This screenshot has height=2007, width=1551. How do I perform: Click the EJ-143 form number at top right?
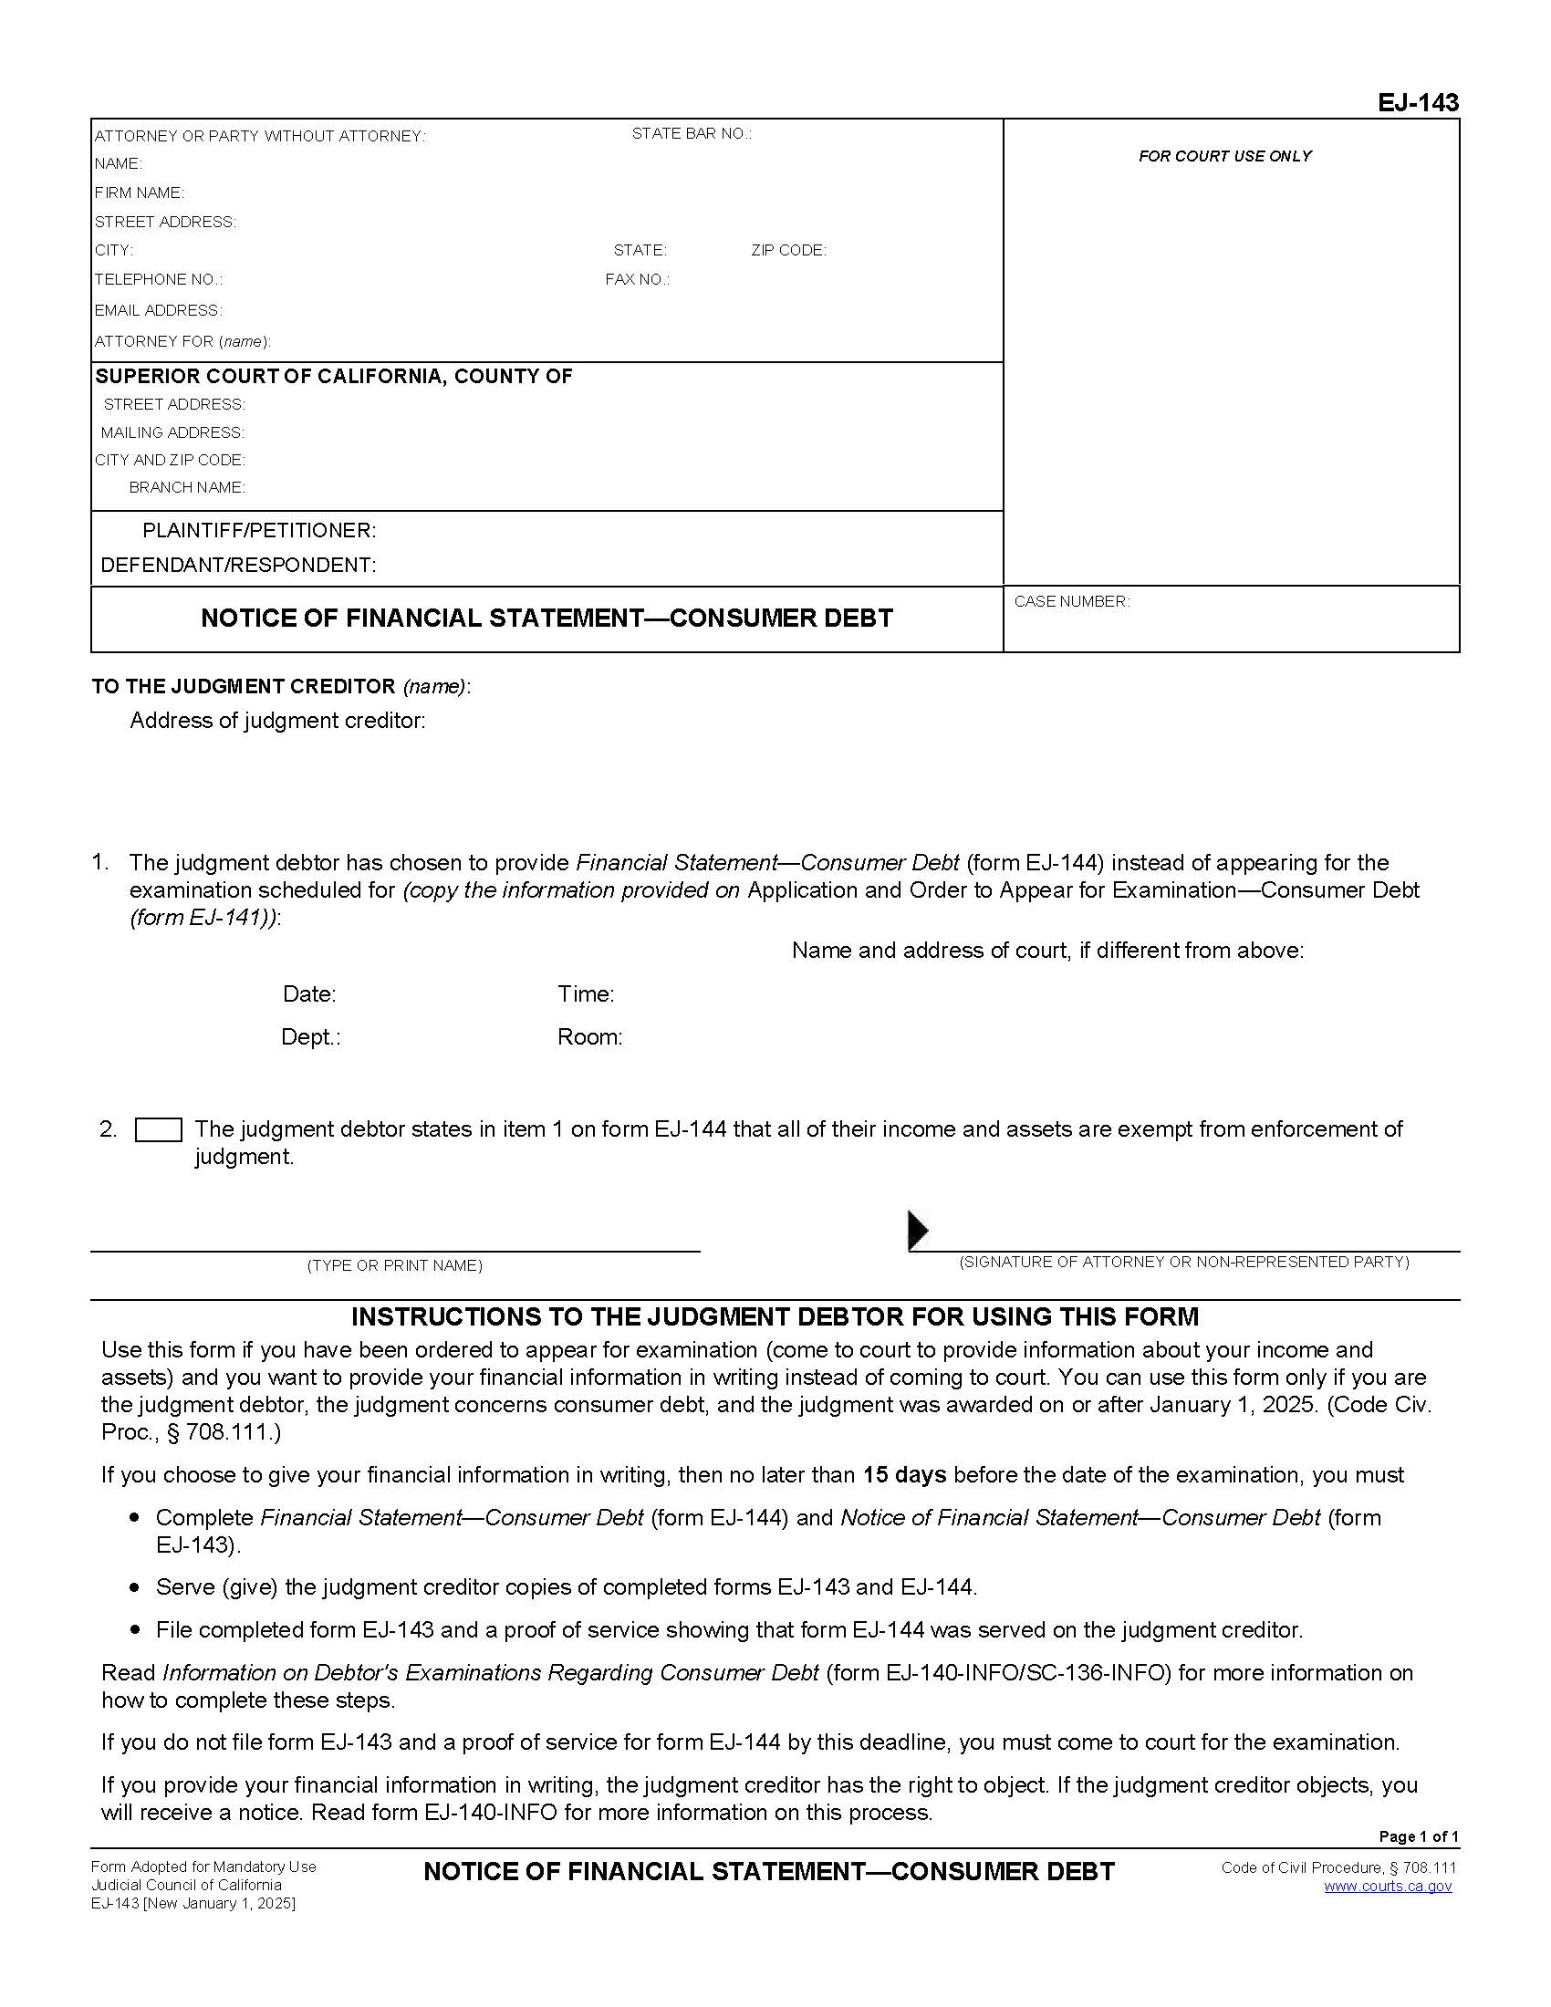pos(1417,103)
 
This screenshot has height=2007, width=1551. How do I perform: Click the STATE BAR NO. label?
pos(691,134)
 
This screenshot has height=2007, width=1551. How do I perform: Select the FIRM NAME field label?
pos(140,193)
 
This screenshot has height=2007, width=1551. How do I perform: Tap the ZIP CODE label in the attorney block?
pos(788,251)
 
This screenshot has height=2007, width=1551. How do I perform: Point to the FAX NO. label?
pos(637,280)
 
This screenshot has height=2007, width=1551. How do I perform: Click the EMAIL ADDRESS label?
pos(158,310)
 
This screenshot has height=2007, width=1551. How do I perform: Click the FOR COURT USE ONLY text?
pos(1224,157)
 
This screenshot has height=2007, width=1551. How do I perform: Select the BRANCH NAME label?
pos(186,488)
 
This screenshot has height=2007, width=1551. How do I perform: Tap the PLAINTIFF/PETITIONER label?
pos(259,531)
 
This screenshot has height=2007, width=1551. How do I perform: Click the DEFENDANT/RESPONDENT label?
pos(238,566)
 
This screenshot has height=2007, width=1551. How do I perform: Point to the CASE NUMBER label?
pos(1071,602)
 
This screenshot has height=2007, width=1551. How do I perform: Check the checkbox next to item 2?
pos(158,1130)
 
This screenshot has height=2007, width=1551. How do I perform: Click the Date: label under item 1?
pos(309,994)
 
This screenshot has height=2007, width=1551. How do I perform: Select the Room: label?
pos(590,1037)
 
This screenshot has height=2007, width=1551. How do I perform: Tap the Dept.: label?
pos(310,1037)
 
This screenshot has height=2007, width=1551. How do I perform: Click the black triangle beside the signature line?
pos(918,1230)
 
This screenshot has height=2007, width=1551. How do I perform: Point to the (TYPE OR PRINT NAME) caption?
pos(394,1266)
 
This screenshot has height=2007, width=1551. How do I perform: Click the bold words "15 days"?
pos(904,1475)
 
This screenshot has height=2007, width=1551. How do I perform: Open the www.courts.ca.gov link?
pos(1388,1887)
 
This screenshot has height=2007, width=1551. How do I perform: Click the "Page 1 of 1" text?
pos(1419,1837)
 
